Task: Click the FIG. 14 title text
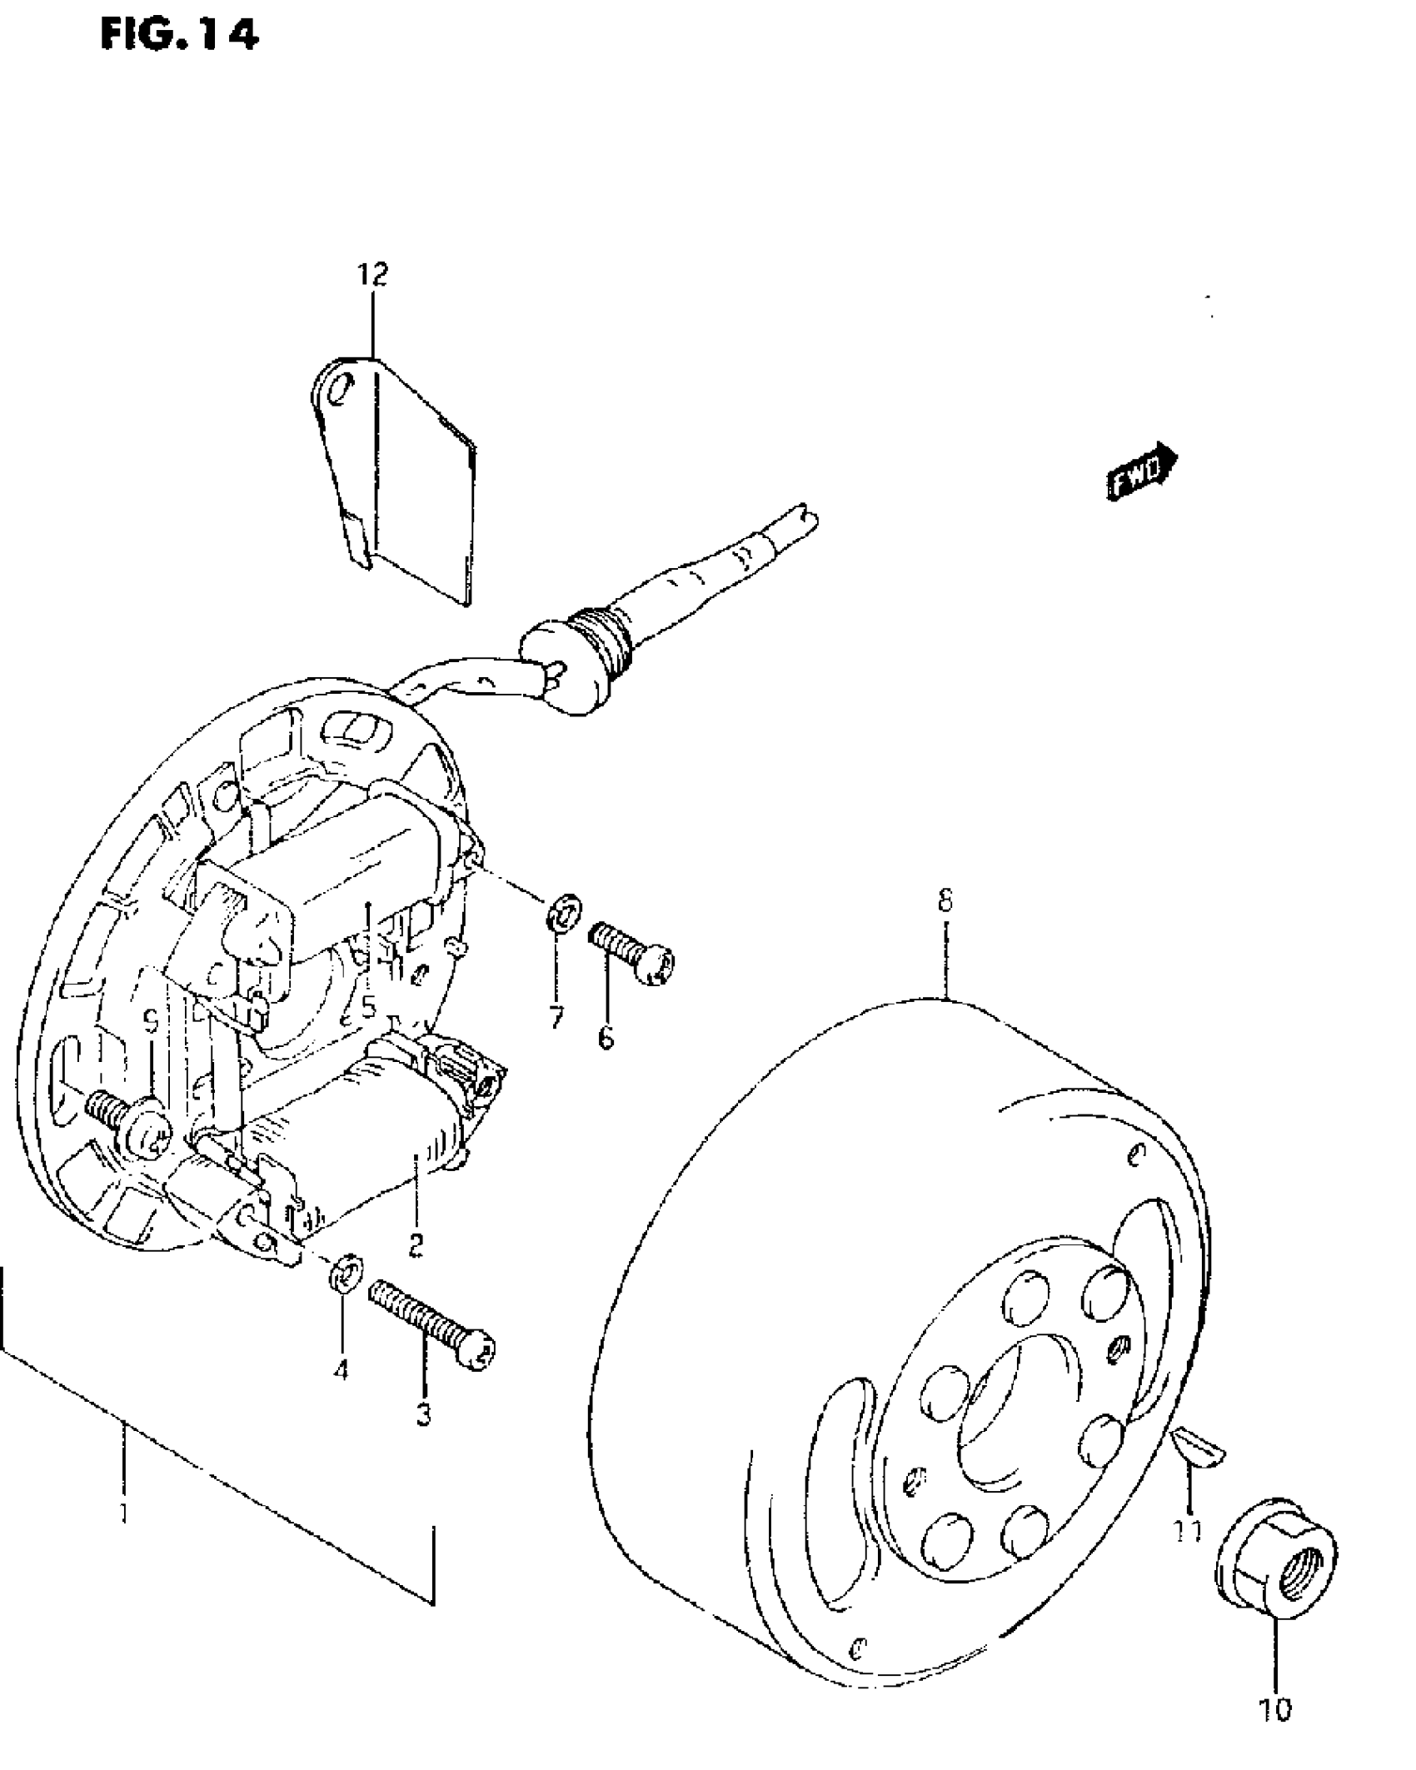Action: coord(179,35)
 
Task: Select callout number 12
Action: coord(374,274)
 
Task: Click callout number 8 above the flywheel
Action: coord(945,901)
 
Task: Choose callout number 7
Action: coord(556,1017)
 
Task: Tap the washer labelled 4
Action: coord(344,1294)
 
